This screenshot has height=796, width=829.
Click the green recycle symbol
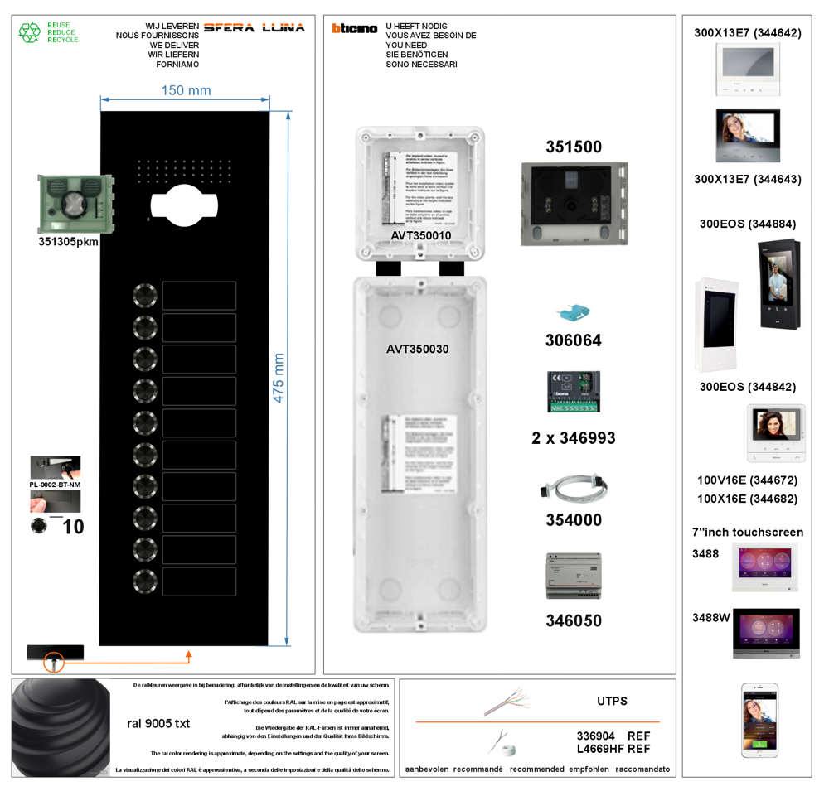pyautogui.click(x=30, y=32)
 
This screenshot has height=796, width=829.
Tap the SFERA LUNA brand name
pyautogui.click(x=254, y=27)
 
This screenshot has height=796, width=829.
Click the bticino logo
pyautogui.click(x=354, y=28)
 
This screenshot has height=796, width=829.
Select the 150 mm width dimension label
pyautogui.click(x=186, y=90)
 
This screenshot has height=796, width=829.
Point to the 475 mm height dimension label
pyautogui.click(x=279, y=379)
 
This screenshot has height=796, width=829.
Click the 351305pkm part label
pyautogui.click(x=69, y=242)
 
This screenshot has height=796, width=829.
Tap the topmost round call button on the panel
pyautogui.click(x=144, y=296)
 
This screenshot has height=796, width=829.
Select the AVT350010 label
pyautogui.click(x=420, y=236)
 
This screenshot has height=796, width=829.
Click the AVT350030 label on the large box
pyautogui.click(x=417, y=350)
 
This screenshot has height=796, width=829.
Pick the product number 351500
pyautogui.click(x=574, y=147)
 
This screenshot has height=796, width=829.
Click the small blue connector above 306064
pyautogui.click(x=572, y=313)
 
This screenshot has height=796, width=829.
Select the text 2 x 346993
pyautogui.click(x=574, y=438)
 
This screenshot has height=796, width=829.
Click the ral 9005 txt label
pyautogui.click(x=158, y=723)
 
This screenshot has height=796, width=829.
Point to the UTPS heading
pyautogui.click(x=612, y=701)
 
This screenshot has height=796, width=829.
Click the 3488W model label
pyautogui.click(x=705, y=617)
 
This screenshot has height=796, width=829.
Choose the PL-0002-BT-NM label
pyautogui.click(x=56, y=484)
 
